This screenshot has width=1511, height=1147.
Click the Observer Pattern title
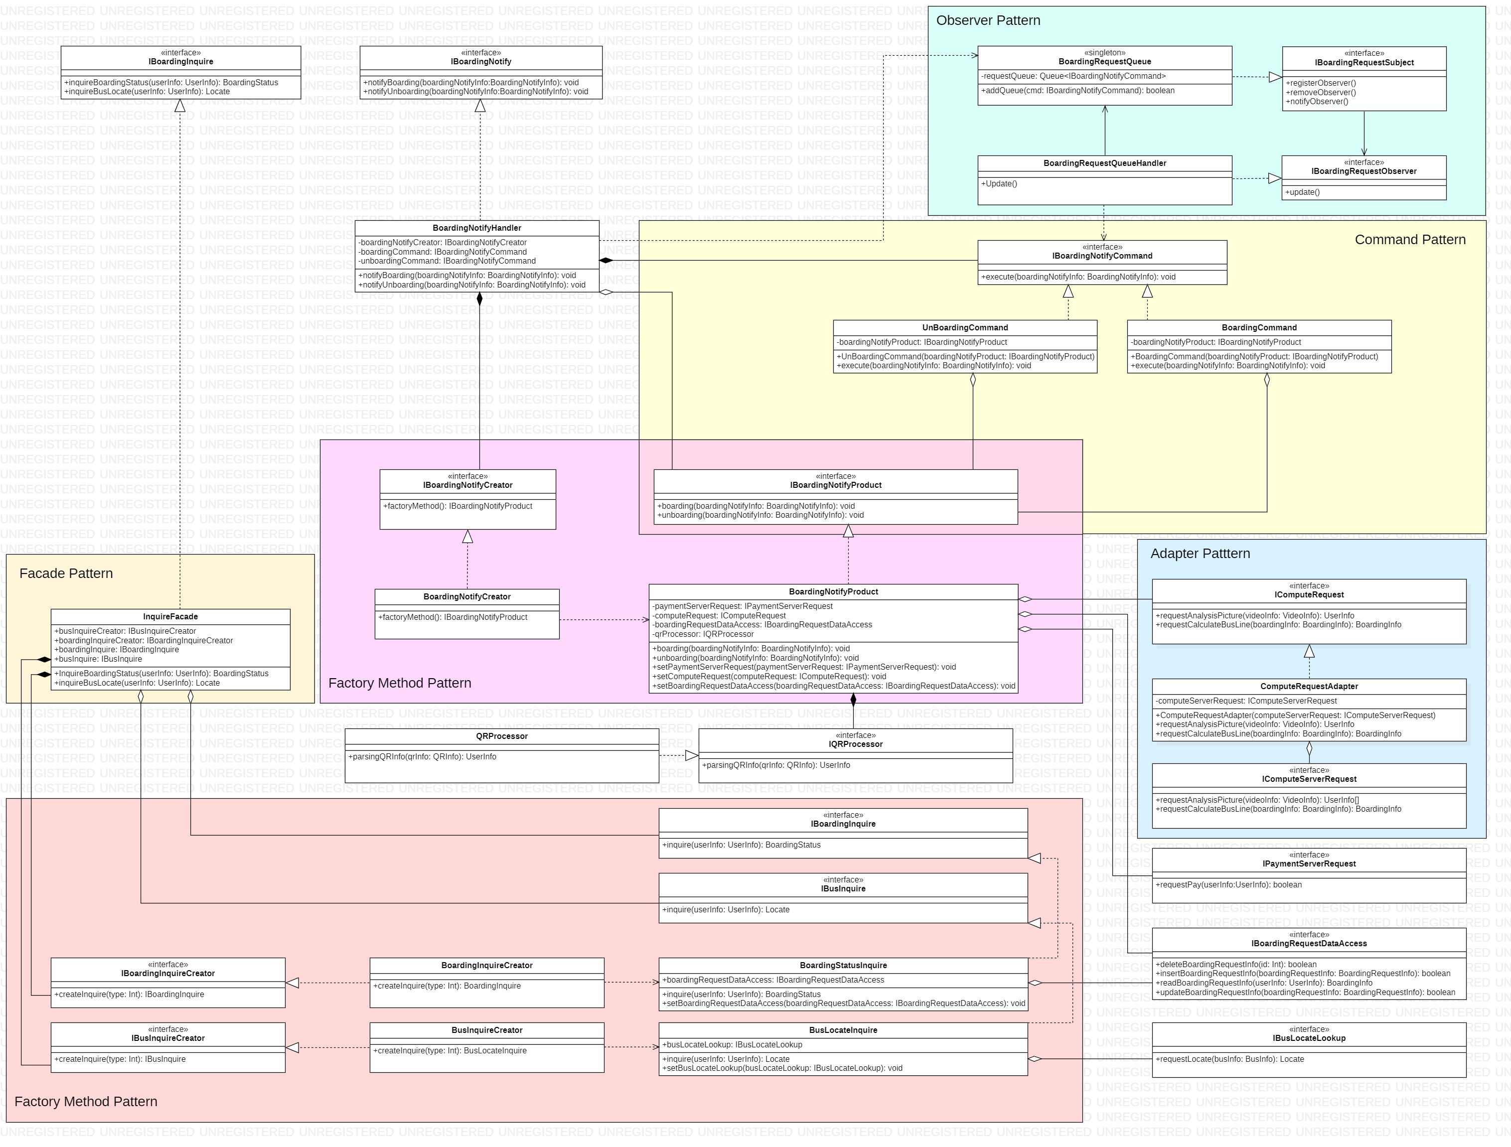988,20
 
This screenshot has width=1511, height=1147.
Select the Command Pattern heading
1410,240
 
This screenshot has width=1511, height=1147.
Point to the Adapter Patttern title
1200,554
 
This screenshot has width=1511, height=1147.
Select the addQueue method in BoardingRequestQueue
1078,91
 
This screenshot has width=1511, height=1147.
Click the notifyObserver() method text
1317,102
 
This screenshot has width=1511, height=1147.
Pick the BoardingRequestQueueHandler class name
1104,164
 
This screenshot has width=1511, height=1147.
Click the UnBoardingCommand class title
964,328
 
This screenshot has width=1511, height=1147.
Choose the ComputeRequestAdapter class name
1309,687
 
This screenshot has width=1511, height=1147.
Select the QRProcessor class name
501,736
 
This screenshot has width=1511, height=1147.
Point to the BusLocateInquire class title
843,1030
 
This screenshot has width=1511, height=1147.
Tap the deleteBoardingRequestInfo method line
1236,965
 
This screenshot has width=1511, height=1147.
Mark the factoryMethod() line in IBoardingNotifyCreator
457,507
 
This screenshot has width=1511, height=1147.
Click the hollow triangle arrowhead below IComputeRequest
1309,651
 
